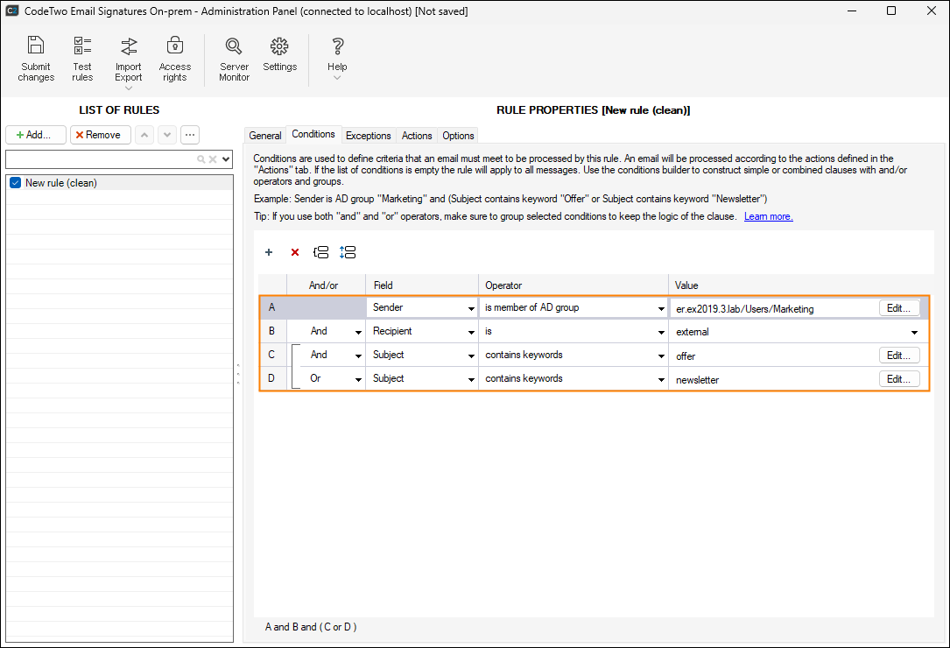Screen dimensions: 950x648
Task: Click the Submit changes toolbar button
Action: click(x=36, y=59)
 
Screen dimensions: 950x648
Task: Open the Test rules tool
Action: click(x=82, y=59)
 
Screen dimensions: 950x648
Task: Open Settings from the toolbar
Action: click(x=279, y=54)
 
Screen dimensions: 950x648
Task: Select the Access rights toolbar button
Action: click(x=174, y=59)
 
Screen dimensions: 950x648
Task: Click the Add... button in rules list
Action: click(x=36, y=135)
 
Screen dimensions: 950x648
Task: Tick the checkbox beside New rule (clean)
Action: click(x=16, y=183)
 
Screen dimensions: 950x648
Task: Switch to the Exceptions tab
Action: click(x=369, y=135)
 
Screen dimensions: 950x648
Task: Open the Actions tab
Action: click(x=417, y=135)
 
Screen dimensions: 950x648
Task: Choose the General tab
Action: click(x=265, y=135)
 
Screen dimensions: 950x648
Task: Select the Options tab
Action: click(x=458, y=135)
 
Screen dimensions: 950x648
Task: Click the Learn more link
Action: click(x=768, y=216)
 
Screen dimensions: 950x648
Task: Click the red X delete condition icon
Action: click(x=295, y=252)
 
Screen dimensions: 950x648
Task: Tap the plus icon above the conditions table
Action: click(x=269, y=252)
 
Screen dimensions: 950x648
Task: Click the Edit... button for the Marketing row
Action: click(x=899, y=308)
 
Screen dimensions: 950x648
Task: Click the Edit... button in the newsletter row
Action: click(x=899, y=379)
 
